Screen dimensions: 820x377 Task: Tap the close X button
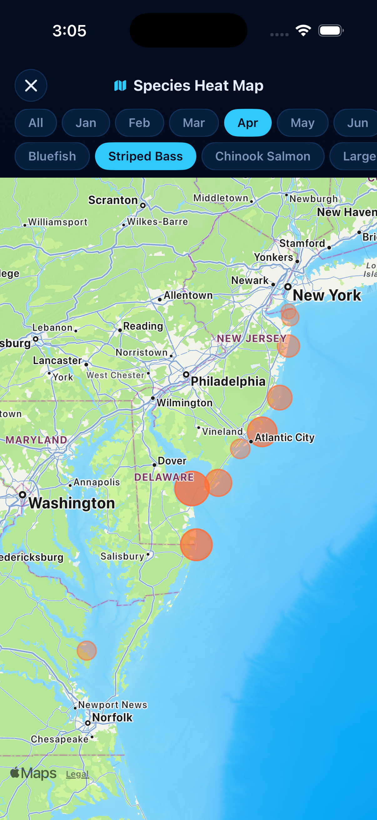[x=31, y=86]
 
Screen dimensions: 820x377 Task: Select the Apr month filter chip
[x=248, y=123]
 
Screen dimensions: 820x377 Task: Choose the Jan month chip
[x=86, y=123]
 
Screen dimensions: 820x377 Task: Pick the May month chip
[x=302, y=123]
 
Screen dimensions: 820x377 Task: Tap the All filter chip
[x=36, y=123]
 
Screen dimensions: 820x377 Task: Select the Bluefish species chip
[x=52, y=156]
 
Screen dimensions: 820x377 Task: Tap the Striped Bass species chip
[x=145, y=156]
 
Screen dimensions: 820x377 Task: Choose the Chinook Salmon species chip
[x=263, y=156]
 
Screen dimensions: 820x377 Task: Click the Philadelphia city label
[x=228, y=381]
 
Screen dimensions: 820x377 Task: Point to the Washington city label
[x=72, y=503]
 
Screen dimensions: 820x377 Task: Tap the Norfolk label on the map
[x=112, y=717]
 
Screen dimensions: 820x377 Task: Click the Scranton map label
[x=113, y=200]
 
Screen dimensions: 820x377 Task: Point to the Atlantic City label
[x=284, y=438]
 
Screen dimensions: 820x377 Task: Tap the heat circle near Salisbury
[x=196, y=545]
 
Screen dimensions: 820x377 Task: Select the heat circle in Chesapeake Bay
[x=87, y=650]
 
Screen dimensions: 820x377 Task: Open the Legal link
[x=77, y=774]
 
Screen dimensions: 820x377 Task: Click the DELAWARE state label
[x=164, y=477]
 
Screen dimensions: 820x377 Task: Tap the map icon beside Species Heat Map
[x=120, y=86]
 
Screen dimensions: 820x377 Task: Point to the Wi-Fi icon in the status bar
[x=303, y=31]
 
